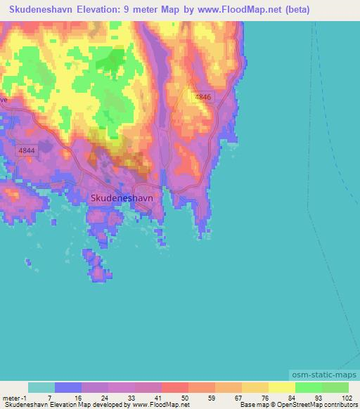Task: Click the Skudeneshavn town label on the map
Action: (x=122, y=198)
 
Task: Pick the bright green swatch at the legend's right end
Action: (x=335, y=387)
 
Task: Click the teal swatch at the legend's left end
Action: (x=41, y=387)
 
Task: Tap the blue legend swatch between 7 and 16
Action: (x=68, y=387)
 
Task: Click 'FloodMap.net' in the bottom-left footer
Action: (x=166, y=405)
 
